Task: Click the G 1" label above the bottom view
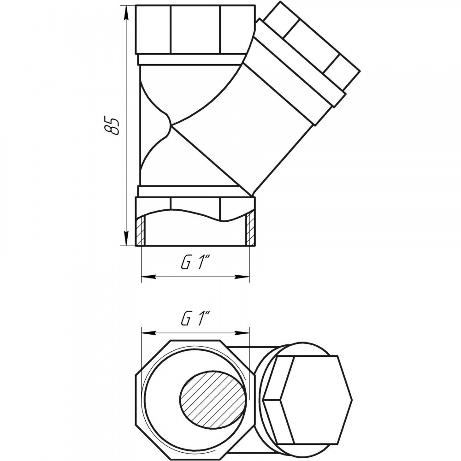tap(195, 319)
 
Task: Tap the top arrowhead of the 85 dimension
tap(126, 13)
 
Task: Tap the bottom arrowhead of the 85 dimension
tap(126, 237)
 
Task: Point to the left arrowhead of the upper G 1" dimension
tap(149, 277)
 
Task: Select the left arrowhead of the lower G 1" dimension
tap(149, 333)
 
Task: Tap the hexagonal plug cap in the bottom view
tap(308, 400)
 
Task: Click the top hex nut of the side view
tap(195, 30)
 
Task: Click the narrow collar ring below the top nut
tap(191, 59)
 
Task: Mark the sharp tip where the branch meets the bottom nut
tap(252, 196)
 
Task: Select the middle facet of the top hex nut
tap(195, 30)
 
